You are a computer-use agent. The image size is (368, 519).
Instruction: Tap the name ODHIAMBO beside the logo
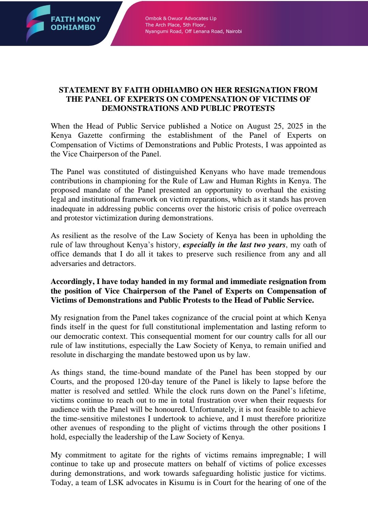(73, 28)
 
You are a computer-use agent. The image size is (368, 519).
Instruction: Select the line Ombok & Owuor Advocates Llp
(181, 18)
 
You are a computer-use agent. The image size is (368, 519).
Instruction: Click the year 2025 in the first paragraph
(295, 126)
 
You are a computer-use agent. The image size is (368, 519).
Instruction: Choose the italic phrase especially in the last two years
(234, 245)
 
